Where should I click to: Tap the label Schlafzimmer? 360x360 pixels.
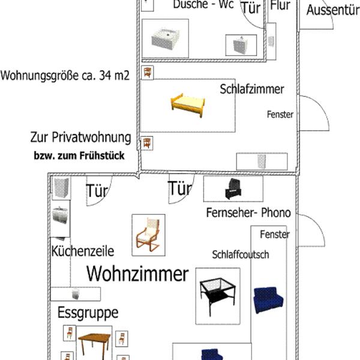(251, 89)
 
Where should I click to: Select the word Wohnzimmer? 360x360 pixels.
(137, 274)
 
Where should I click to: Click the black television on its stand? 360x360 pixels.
(233, 188)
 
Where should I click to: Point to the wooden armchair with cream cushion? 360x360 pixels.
(148, 235)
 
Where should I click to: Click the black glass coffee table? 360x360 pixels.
(215, 295)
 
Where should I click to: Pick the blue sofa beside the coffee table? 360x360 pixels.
(268, 299)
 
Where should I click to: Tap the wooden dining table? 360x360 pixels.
(94, 344)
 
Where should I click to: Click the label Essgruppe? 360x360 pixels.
(88, 312)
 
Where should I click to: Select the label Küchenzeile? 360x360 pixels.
(83, 251)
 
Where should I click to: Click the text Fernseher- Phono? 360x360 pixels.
(248, 212)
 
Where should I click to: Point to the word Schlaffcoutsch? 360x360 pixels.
(240, 254)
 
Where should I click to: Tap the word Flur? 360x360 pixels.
(281, 6)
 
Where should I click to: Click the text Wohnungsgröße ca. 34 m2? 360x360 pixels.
(65, 76)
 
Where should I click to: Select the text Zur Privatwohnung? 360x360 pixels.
(80, 137)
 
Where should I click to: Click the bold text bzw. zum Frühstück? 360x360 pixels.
(79, 156)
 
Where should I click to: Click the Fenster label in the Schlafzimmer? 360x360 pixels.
(280, 114)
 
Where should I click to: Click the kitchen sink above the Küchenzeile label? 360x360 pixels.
(59, 214)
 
